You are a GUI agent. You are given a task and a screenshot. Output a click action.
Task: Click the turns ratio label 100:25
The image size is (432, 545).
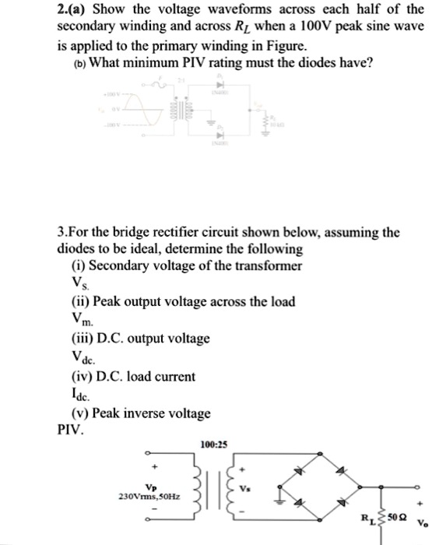coord(212,445)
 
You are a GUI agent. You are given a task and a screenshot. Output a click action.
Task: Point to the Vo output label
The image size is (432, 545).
coord(422,525)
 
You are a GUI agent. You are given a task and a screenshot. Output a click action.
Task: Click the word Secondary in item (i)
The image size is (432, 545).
coord(121,265)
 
